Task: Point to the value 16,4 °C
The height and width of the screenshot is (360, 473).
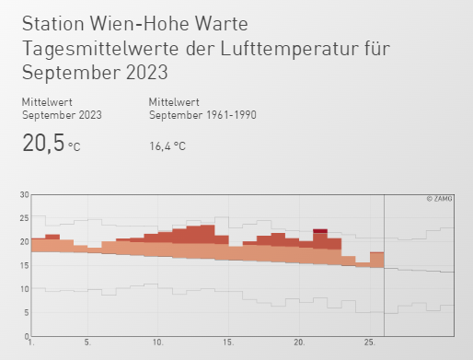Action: [167, 145]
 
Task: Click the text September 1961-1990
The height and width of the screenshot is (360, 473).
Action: [202, 115]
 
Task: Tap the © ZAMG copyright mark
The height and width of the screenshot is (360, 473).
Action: [441, 198]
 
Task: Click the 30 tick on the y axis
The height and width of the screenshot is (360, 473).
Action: [24, 194]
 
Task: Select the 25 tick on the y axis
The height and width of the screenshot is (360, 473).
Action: [24, 218]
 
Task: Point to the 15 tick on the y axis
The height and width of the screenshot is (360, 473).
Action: [24, 265]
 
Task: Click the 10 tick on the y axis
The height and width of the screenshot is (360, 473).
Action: [24, 289]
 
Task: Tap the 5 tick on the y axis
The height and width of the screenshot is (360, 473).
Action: [26, 312]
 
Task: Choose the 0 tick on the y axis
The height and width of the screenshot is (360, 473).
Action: [26, 336]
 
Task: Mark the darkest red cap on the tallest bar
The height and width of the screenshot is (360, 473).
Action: [320, 230]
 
